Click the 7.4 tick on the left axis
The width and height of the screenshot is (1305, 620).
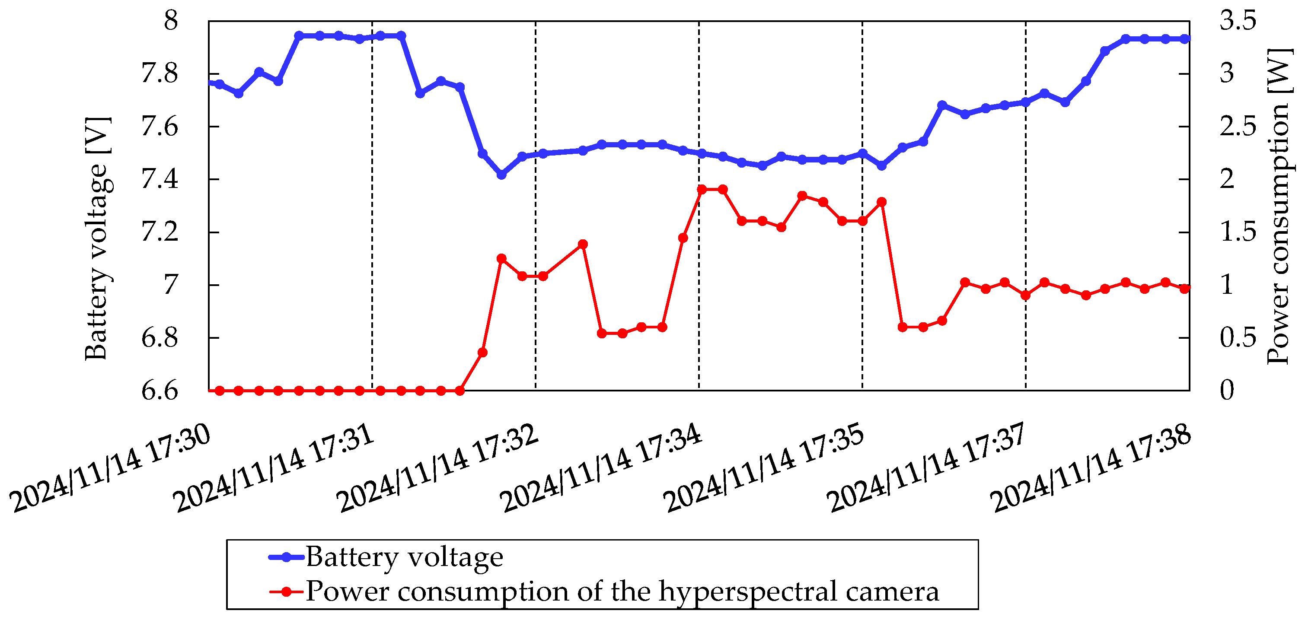click(x=160, y=179)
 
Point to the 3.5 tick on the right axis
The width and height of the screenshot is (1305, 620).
click(x=1238, y=21)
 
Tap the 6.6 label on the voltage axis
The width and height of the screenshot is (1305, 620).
click(x=160, y=391)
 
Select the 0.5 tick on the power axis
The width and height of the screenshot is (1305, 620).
click(x=1238, y=338)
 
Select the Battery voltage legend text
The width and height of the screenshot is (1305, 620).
click(x=404, y=557)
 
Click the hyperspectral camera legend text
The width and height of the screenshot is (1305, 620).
click(x=622, y=591)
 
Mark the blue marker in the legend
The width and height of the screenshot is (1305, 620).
click(x=287, y=557)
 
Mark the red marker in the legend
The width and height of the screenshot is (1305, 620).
click(x=287, y=591)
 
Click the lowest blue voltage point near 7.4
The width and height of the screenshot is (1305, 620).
click(x=501, y=175)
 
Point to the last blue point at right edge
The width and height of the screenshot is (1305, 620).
click(x=1185, y=39)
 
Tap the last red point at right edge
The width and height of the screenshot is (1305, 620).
click(x=1184, y=289)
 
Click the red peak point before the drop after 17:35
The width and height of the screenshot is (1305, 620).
click(x=881, y=202)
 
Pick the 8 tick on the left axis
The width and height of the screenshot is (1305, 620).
click(x=171, y=21)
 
